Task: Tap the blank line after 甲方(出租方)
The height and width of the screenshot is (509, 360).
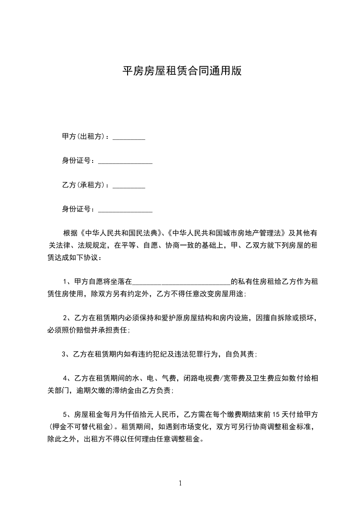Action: pyautogui.click(x=128, y=138)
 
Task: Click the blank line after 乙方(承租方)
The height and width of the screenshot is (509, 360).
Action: pyautogui.click(x=128, y=186)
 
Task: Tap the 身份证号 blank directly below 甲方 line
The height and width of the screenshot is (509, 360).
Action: pyautogui.click(x=125, y=162)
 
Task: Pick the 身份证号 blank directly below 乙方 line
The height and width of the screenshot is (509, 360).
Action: pyautogui.click(x=125, y=210)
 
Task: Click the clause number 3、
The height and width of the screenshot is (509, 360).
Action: pyautogui.click(x=66, y=354)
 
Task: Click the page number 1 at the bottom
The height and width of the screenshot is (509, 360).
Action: pyautogui.click(x=180, y=483)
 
